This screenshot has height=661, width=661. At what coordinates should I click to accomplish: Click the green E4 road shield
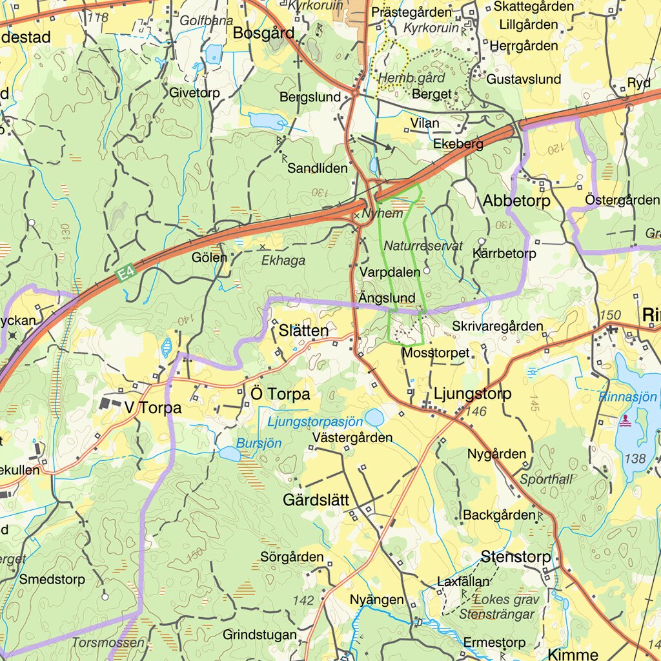pyautogui.click(x=126, y=274)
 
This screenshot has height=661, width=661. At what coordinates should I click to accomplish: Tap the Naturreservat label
pyautogui.click(x=423, y=246)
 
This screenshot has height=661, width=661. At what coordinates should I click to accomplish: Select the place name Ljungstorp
pyautogui.click(x=473, y=393)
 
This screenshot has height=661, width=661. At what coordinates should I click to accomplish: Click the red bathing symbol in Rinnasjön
pyautogui.click(x=625, y=421)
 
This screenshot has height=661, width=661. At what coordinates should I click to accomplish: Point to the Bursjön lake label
pyautogui.click(x=259, y=443)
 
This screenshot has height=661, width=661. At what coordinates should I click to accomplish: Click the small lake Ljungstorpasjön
pyautogui.click(x=374, y=417)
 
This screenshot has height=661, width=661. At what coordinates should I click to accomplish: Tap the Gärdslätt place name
pyautogui.click(x=316, y=500)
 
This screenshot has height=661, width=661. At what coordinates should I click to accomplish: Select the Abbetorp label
pyautogui.click(x=516, y=201)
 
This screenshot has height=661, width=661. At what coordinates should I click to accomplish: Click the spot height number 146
pyautogui.click(x=476, y=412)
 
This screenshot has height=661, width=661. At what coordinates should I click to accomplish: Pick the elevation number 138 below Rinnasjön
pyautogui.click(x=635, y=459)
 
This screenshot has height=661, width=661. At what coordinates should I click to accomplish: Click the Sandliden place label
pyautogui.click(x=318, y=168)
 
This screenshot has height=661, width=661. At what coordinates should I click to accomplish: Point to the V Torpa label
pyautogui.click(x=154, y=408)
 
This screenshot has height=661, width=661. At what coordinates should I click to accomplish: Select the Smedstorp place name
pyautogui.click(x=52, y=579)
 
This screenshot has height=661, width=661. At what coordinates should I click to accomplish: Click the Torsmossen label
pyautogui.click(x=108, y=643)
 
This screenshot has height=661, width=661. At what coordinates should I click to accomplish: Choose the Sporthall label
pyautogui.click(x=546, y=479)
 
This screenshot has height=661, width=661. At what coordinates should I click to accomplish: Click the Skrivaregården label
pyautogui.click(x=497, y=327)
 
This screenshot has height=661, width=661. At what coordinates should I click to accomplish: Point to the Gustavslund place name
pyautogui.click(x=524, y=79)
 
